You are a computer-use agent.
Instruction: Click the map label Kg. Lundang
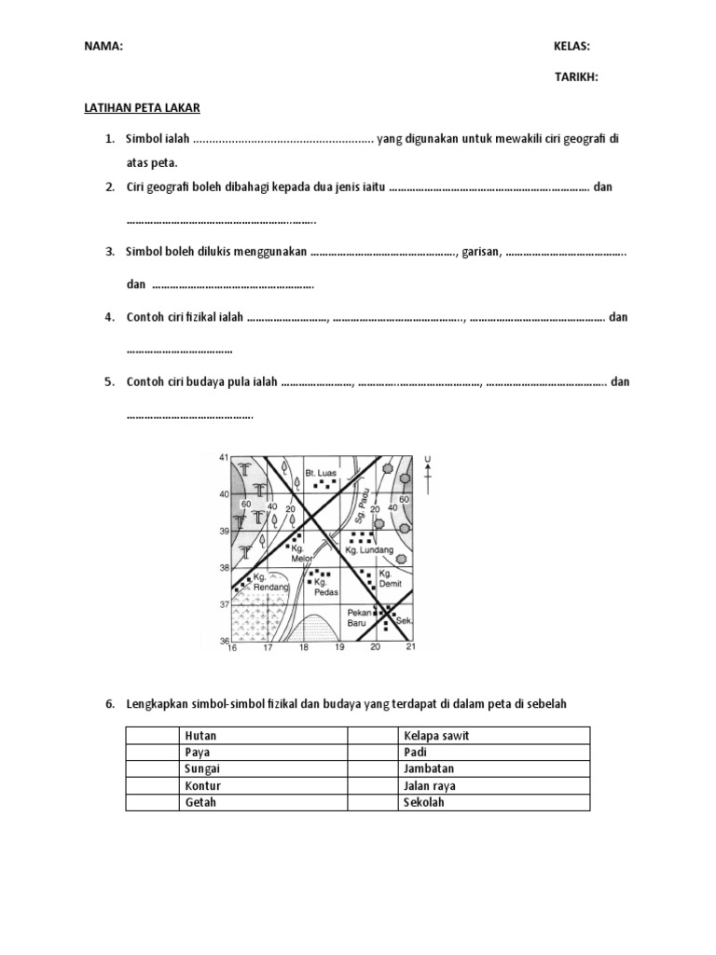click(365, 550)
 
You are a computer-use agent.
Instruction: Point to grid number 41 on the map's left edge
click(223, 458)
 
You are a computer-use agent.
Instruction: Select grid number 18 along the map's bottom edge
click(303, 646)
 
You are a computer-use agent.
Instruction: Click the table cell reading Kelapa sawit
click(436, 736)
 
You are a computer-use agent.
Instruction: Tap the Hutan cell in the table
click(200, 736)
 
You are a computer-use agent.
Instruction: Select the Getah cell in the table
click(200, 802)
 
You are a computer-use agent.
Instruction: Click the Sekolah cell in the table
click(424, 802)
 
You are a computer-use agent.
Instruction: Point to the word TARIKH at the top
click(576, 77)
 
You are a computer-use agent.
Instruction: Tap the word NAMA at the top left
click(103, 46)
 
